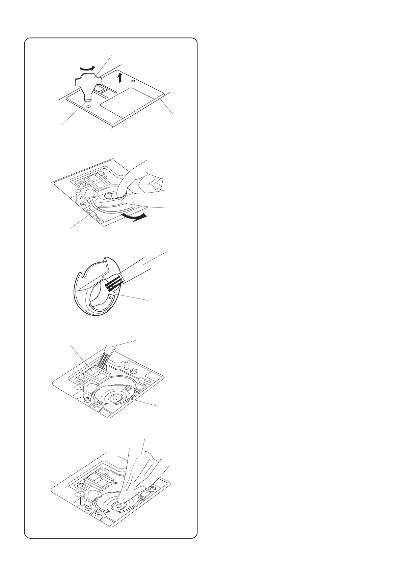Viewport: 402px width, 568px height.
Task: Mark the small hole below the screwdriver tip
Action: click(x=88, y=106)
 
